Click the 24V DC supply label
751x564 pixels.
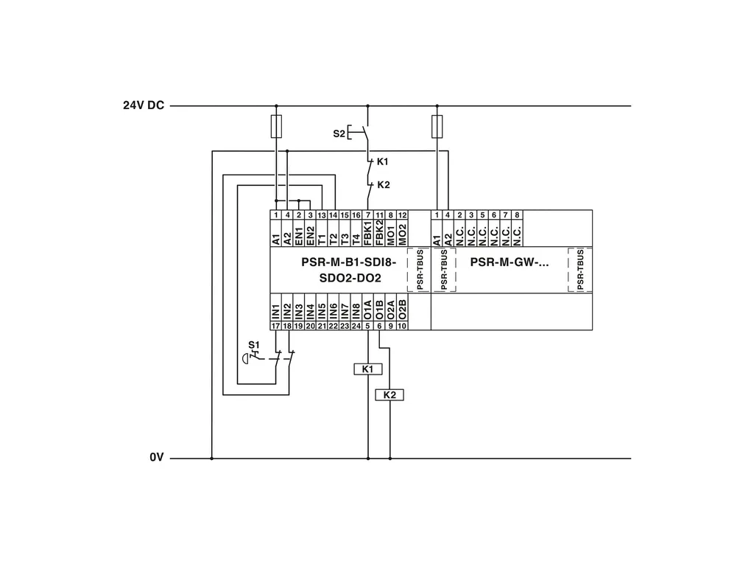144,105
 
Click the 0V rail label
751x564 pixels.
156,458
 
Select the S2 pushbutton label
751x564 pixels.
338,133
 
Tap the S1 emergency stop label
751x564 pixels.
253,344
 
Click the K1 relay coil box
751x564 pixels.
368,369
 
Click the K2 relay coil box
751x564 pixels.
390,395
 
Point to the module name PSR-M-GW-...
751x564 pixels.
509,262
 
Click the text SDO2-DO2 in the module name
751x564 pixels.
349,278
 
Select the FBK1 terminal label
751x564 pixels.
368,233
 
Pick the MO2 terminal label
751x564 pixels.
402,233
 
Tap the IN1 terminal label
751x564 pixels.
276,310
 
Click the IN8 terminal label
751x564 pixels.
356,310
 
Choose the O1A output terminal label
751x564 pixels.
368,310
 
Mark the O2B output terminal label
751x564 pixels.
402,310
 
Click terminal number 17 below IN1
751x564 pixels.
276,325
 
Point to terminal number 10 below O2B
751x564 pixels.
402,325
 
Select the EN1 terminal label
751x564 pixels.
299,233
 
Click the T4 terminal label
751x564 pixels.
356,233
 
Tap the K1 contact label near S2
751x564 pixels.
382,161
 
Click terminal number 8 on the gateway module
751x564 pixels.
517,215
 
